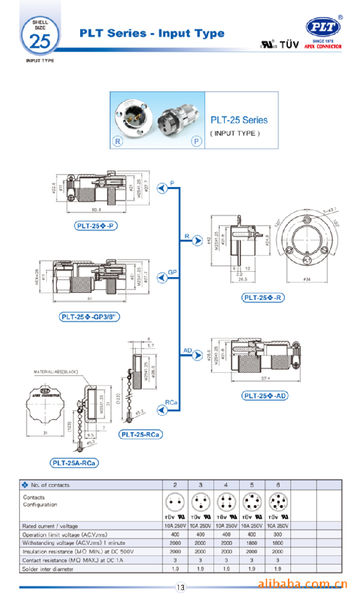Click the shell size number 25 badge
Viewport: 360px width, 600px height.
tap(40, 39)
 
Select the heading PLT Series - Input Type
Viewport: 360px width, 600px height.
tap(152, 33)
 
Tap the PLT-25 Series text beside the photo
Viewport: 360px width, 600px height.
tap(239, 120)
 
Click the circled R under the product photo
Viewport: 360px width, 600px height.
tap(118, 142)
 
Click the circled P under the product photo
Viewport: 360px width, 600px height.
tap(195, 142)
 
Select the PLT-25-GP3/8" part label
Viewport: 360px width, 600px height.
tap(90, 317)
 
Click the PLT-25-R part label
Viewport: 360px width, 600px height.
tap(263, 298)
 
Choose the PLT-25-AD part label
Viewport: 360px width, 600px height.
tap(265, 396)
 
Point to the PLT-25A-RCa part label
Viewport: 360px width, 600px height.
tap(74, 463)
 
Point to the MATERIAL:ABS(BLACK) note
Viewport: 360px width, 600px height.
tap(56, 371)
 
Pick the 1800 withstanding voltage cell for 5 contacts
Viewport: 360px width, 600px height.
tap(252, 543)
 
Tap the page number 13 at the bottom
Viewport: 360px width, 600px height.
tap(180, 587)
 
